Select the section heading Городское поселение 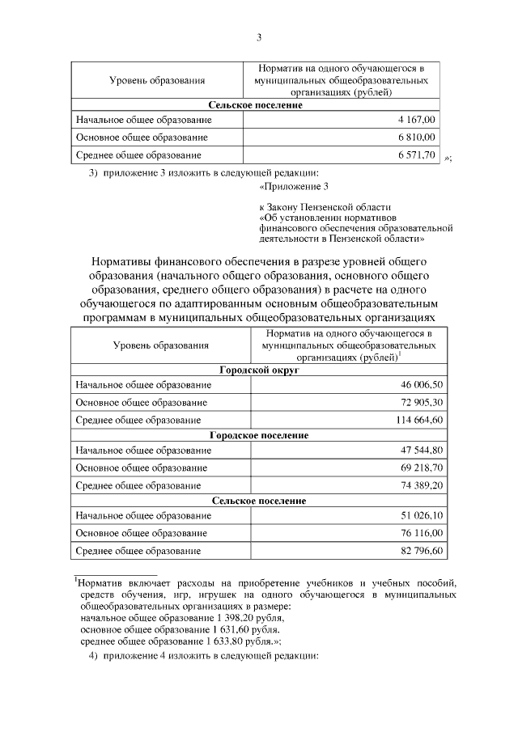point(259,435)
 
